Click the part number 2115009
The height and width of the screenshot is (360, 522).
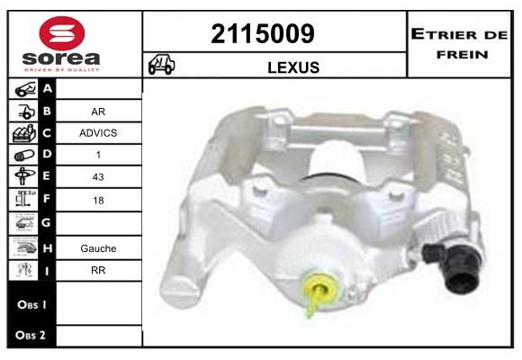263,33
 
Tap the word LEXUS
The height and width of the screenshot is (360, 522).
293,67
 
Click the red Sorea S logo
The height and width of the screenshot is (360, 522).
62,33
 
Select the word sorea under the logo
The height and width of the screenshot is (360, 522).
61,58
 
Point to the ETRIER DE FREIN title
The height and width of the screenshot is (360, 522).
459,44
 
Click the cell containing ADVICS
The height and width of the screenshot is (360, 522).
98,133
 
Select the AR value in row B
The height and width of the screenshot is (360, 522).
98,112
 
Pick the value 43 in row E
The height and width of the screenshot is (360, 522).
98,176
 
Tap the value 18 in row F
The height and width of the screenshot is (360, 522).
98,200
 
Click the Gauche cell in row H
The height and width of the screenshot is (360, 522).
98,248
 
